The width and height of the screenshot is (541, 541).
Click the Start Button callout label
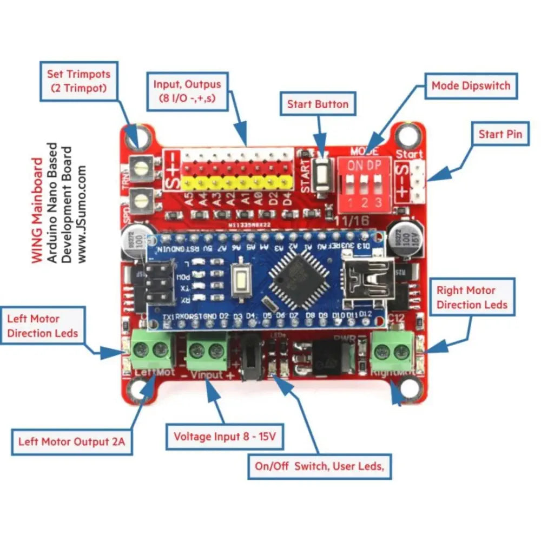[318, 104]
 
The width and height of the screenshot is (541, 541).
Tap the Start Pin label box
[500, 134]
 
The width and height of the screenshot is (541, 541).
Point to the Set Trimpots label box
[78, 80]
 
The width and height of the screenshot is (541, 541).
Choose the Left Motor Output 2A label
[72, 441]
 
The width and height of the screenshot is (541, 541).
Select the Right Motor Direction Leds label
[472, 297]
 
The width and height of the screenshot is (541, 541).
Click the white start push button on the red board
[322, 172]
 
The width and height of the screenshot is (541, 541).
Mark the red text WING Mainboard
[37, 210]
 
